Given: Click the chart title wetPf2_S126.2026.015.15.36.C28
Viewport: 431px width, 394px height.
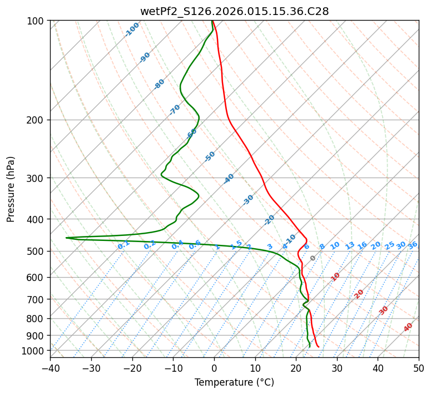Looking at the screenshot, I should pyautogui.click(x=234, y=11).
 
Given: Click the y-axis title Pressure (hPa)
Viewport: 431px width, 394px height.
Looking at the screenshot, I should pyautogui.click(x=11, y=189).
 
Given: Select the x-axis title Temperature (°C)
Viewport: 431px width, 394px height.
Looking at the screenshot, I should pyautogui.click(x=234, y=382).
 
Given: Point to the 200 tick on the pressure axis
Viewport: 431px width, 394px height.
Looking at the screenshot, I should pyautogui.click(x=37, y=120).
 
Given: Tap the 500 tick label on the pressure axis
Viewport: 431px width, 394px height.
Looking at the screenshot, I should pyautogui.click(x=37, y=252).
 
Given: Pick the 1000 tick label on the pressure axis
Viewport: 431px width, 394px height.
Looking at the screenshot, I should pyautogui.click(x=34, y=351).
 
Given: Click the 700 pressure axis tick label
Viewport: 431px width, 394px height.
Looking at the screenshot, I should pyautogui.click(x=37, y=299).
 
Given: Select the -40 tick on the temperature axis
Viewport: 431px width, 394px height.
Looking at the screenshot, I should pyautogui.click(x=50, y=368).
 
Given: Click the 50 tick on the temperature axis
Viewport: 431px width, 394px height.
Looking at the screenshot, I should pyautogui.click(x=419, y=368).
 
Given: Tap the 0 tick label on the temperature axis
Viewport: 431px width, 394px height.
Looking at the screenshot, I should pyautogui.click(x=214, y=368).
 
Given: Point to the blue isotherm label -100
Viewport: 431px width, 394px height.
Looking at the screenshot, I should pyautogui.click(x=132, y=29).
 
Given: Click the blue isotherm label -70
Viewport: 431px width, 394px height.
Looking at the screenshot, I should pyautogui.click(x=175, y=110).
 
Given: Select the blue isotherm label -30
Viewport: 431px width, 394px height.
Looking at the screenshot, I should pyautogui.click(x=249, y=200).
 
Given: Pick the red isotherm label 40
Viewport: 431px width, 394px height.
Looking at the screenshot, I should pyautogui.click(x=408, y=327).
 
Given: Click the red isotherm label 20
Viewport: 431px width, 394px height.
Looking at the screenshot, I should pyautogui.click(x=359, y=294).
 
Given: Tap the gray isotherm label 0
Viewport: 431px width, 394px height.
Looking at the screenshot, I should pyautogui.click(x=313, y=258).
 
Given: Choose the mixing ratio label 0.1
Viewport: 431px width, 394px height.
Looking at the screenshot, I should pyautogui.click(x=123, y=245).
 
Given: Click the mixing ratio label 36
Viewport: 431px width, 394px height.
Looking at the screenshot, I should pyautogui.click(x=413, y=245).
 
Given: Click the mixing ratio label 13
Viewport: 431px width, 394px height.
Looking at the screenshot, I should pyautogui.click(x=350, y=245).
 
